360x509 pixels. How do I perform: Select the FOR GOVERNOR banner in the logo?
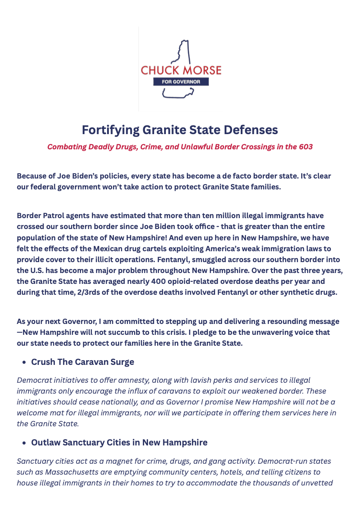[x=181, y=82]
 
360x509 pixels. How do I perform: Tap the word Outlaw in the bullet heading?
[x=45, y=442]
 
